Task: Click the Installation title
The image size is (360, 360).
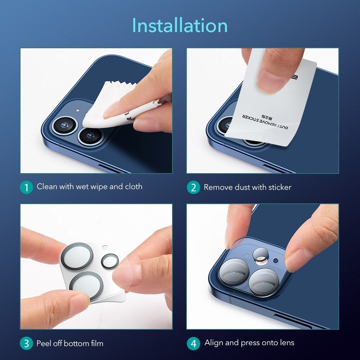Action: click(x=180, y=26)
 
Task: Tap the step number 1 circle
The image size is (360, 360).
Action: click(x=26, y=187)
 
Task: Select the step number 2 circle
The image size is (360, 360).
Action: click(x=193, y=187)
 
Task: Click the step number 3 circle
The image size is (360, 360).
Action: click(x=26, y=343)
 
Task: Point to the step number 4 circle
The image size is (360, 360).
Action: click(x=193, y=343)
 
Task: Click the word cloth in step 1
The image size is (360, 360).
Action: click(x=134, y=186)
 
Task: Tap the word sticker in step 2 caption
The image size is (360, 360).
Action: click(x=280, y=187)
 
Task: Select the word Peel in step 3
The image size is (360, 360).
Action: click(x=44, y=343)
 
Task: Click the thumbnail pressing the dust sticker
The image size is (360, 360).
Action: click(x=269, y=81)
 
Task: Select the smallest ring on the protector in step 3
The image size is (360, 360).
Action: click(x=110, y=261)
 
